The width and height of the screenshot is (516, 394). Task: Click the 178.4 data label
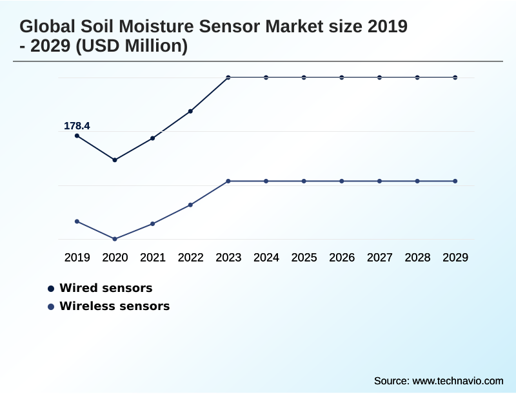(x=77, y=126)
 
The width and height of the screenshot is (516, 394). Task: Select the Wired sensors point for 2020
(x=115, y=160)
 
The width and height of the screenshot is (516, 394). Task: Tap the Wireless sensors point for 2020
(x=115, y=239)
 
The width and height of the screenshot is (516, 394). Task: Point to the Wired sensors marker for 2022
(x=190, y=111)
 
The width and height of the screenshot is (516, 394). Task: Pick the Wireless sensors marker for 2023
(x=228, y=181)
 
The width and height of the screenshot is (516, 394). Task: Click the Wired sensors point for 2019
(x=77, y=136)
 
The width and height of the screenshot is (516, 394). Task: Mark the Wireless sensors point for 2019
(x=77, y=222)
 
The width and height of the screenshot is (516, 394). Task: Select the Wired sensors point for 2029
(x=455, y=78)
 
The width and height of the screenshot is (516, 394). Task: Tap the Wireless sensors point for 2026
(x=342, y=181)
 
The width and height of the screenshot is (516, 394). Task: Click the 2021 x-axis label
(x=153, y=258)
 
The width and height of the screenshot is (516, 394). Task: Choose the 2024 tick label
(x=266, y=258)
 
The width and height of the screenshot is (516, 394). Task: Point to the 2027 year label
(x=380, y=258)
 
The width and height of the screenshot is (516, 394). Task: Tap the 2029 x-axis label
(x=455, y=258)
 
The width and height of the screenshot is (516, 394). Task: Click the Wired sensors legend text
(x=106, y=288)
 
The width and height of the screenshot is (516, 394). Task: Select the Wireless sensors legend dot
(x=51, y=307)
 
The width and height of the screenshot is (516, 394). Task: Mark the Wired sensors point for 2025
(x=304, y=78)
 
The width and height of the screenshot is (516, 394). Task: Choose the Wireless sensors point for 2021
(x=153, y=223)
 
